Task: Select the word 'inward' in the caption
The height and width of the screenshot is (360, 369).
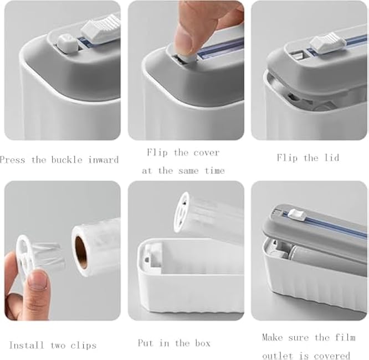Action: click(x=104, y=160)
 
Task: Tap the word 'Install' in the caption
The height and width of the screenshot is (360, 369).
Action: click(x=27, y=345)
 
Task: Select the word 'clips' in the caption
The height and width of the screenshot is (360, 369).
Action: click(x=84, y=345)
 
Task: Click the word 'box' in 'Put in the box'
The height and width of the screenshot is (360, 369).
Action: click(x=202, y=343)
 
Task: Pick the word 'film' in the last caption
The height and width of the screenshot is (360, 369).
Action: click(x=343, y=337)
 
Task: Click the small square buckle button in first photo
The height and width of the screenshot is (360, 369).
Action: click(x=64, y=40)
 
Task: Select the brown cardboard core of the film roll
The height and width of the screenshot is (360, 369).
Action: click(x=81, y=251)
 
